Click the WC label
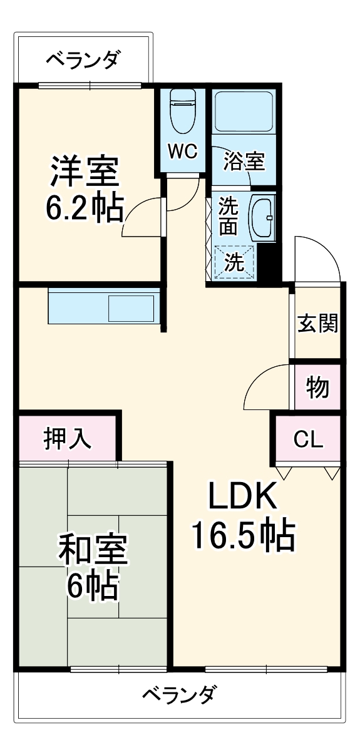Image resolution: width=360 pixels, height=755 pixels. coord(182,151)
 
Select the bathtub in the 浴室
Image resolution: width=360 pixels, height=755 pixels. coord(244,111)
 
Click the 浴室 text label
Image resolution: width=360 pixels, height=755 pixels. coord(245,161)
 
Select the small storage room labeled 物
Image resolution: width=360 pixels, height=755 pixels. coord(317,388)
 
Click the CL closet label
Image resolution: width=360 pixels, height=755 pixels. coord(309,439)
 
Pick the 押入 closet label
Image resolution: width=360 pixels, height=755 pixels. coord(67,439)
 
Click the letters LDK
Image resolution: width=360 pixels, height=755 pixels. coord(242,498)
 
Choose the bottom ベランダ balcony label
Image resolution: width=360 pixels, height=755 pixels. coord(180,695)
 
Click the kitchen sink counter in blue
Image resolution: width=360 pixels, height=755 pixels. coord(103,307)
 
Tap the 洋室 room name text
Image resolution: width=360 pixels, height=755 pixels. coord(85,171)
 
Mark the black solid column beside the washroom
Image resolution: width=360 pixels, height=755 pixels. coord(267,263)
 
